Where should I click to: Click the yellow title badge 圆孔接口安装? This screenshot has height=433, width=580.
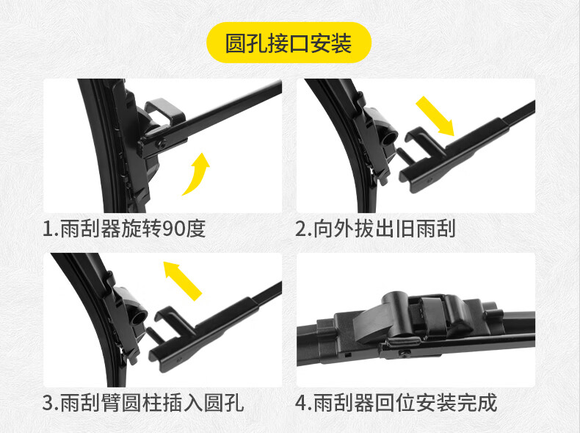pos(289,43)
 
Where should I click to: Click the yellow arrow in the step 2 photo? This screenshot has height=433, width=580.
pos(435,116)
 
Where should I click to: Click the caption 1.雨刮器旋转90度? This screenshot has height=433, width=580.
pos(124,229)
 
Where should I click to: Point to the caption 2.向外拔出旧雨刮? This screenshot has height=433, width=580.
pos(375,229)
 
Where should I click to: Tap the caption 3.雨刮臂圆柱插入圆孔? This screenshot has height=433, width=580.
pos(143,403)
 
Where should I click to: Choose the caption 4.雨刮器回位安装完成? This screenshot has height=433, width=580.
pos(396,403)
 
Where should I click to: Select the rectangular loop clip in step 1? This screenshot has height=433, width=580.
pos(165,110)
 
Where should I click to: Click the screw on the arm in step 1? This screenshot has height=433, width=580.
pos(162,145)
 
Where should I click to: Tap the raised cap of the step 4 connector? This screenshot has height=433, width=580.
pos(395,301)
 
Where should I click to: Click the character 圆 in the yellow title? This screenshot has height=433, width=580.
pos(236,43)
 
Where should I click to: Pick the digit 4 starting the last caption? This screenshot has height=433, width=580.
pos(300,403)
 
